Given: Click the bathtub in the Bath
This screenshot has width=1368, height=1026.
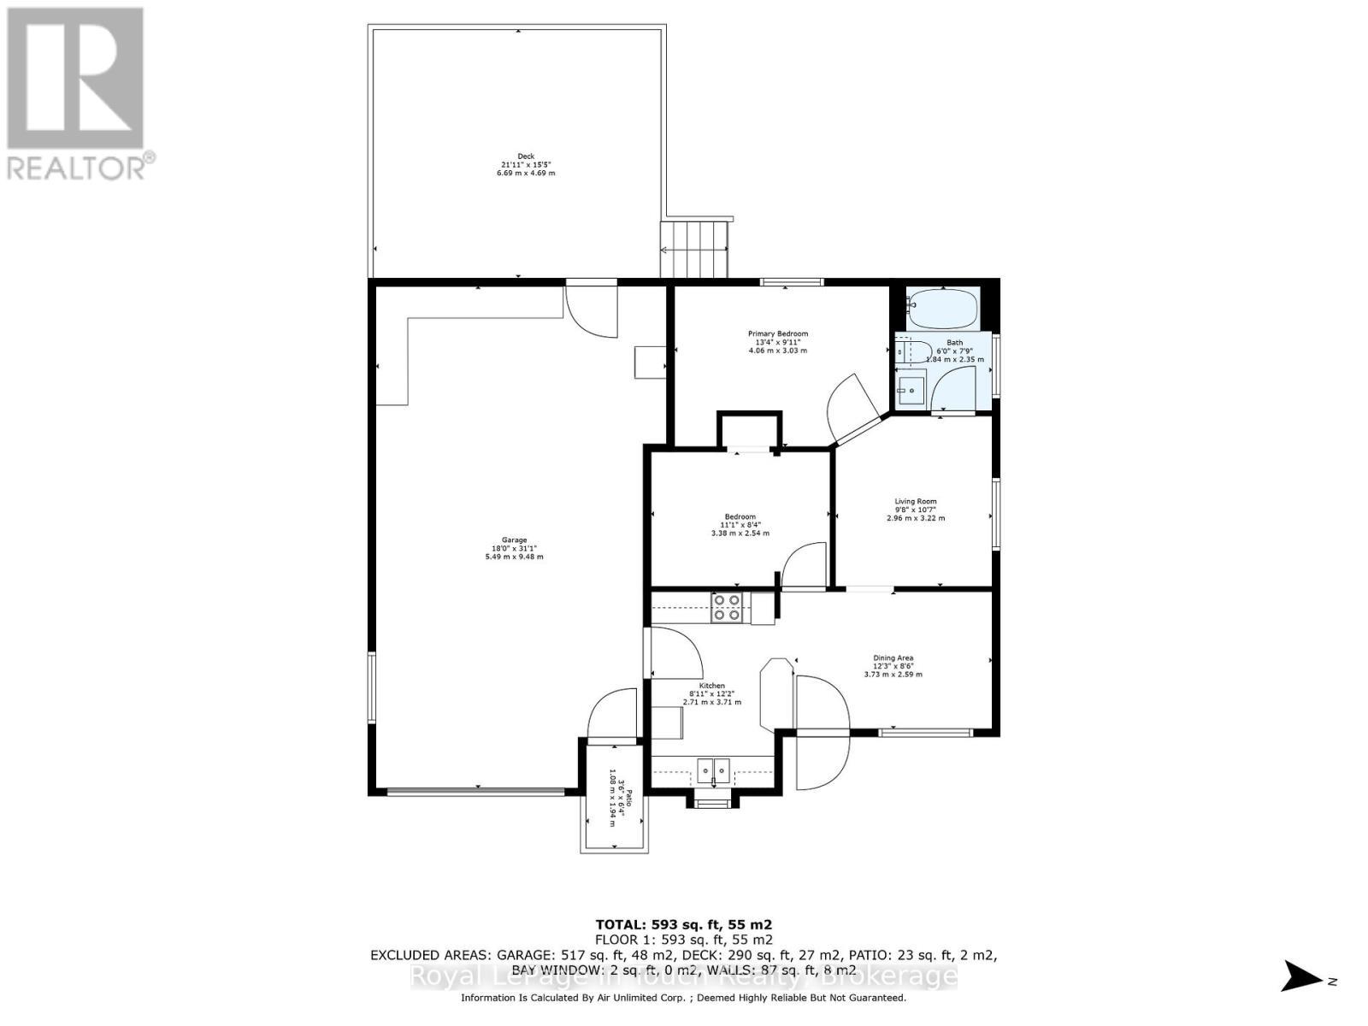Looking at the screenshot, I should pyautogui.click(x=941, y=310).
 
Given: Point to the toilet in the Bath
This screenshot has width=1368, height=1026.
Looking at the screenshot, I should pyautogui.click(x=913, y=351).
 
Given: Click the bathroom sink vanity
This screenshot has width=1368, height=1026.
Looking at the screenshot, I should pyautogui.click(x=911, y=391).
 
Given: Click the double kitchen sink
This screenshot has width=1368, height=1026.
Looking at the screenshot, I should pyautogui.click(x=712, y=770).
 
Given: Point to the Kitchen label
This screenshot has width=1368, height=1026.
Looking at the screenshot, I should pyautogui.click(x=711, y=686).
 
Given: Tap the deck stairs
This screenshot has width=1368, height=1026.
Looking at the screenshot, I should pyautogui.click(x=695, y=249).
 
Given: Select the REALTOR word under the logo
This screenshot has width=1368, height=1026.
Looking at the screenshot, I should pyautogui.click(x=77, y=167).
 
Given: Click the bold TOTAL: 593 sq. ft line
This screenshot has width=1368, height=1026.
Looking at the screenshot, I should pyautogui.click(x=683, y=924).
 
